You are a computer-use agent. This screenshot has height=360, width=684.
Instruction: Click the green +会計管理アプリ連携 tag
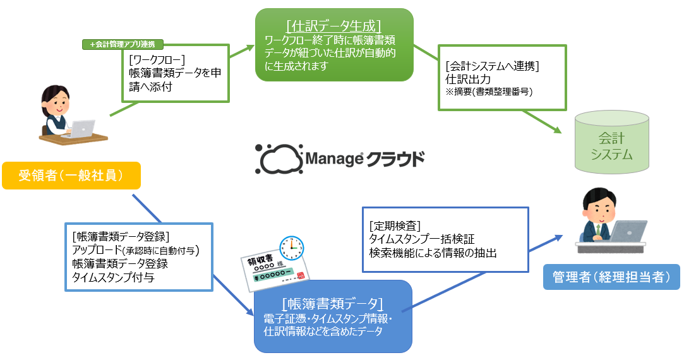[123, 44]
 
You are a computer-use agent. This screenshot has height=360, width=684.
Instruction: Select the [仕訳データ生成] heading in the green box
[334, 26]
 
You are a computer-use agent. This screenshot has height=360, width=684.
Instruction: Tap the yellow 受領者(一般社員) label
[70, 176]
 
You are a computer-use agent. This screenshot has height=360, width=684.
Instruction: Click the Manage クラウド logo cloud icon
[278, 159]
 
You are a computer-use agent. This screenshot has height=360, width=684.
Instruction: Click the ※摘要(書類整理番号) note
[489, 92]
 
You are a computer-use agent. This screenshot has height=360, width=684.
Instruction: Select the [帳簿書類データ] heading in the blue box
[333, 302]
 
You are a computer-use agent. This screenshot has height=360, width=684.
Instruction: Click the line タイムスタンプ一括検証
[421, 239]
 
